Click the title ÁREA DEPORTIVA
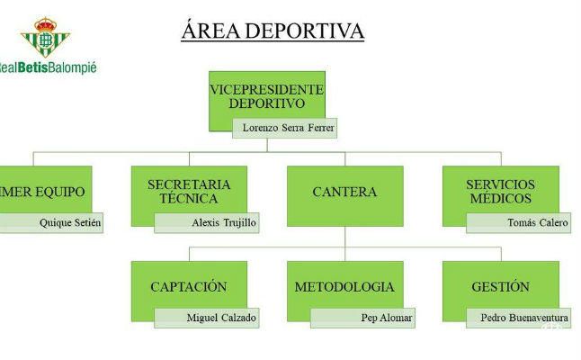(273, 31)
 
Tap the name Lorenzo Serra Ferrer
(289, 128)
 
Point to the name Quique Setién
(69, 222)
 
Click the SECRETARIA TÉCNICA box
(189, 191)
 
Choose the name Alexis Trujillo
(223, 222)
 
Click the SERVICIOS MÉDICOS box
(500, 191)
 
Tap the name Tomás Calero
(537, 222)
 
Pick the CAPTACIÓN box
(189, 287)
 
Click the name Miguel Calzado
(221, 318)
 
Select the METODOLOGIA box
(344, 287)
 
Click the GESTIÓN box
(500, 287)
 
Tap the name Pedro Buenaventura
(524, 318)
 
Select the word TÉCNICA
(189, 198)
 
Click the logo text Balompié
(71, 67)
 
